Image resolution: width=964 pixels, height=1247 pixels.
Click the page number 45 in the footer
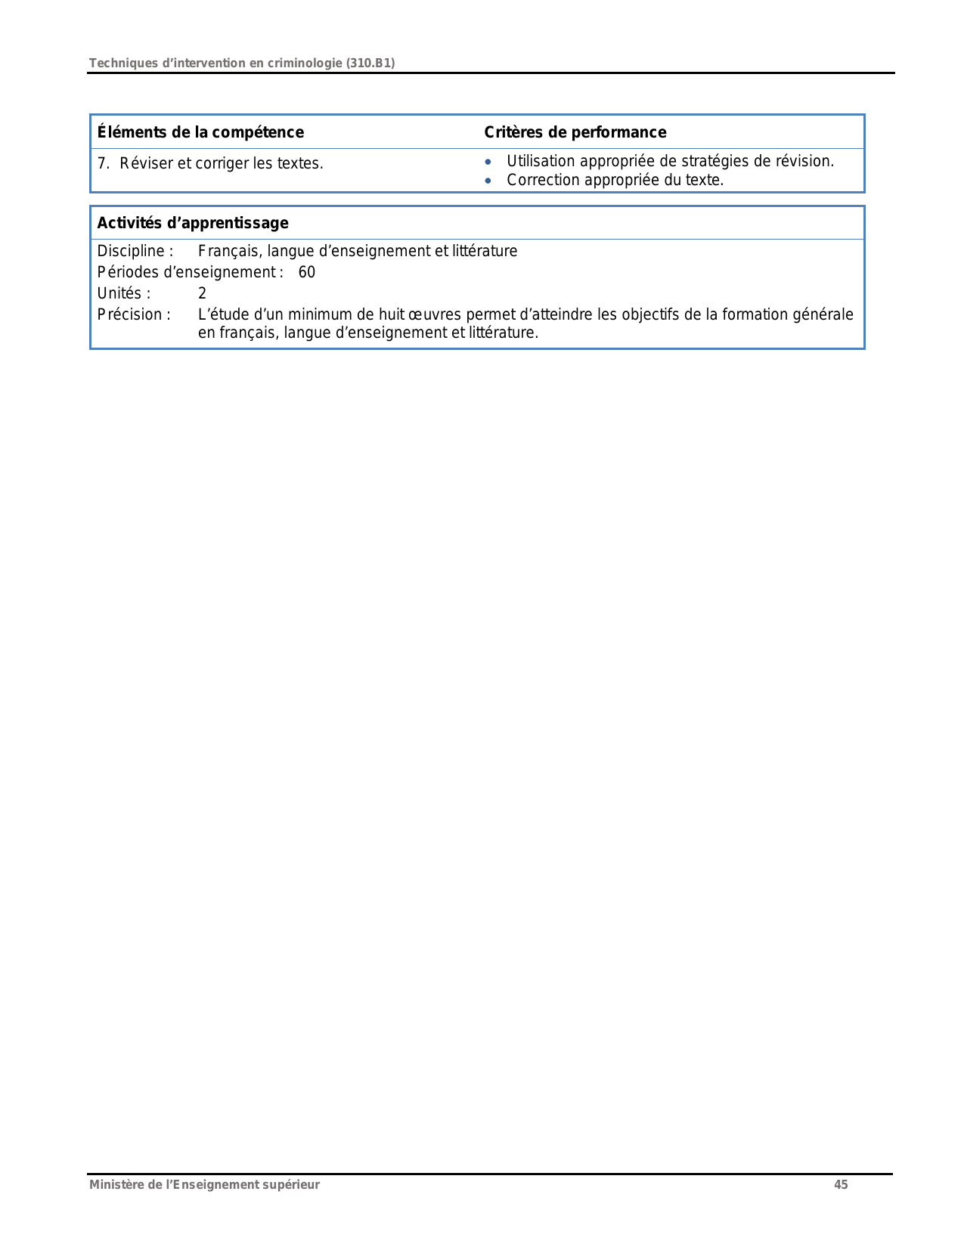[841, 1185]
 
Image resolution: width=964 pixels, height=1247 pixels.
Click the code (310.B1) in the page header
[370, 63]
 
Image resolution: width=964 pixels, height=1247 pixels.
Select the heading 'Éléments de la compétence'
[200, 133]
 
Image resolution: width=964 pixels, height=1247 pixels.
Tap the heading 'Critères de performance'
[575, 133]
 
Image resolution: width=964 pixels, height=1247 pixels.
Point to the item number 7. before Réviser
[104, 164]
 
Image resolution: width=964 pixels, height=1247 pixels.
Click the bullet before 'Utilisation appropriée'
[488, 162]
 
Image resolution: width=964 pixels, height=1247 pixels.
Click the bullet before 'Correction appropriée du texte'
[488, 181]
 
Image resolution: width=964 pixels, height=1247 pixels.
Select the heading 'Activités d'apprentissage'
[193, 224]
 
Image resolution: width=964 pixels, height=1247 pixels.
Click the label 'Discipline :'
[135, 252]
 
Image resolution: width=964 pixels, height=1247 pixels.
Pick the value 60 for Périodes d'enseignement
[307, 273]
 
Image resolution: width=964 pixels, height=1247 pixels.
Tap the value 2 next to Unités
[202, 294]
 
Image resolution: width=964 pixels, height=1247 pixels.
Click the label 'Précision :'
[134, 315]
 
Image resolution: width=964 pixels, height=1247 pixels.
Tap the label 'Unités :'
[124, 294]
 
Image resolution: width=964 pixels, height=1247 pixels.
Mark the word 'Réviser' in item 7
[147, 164]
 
